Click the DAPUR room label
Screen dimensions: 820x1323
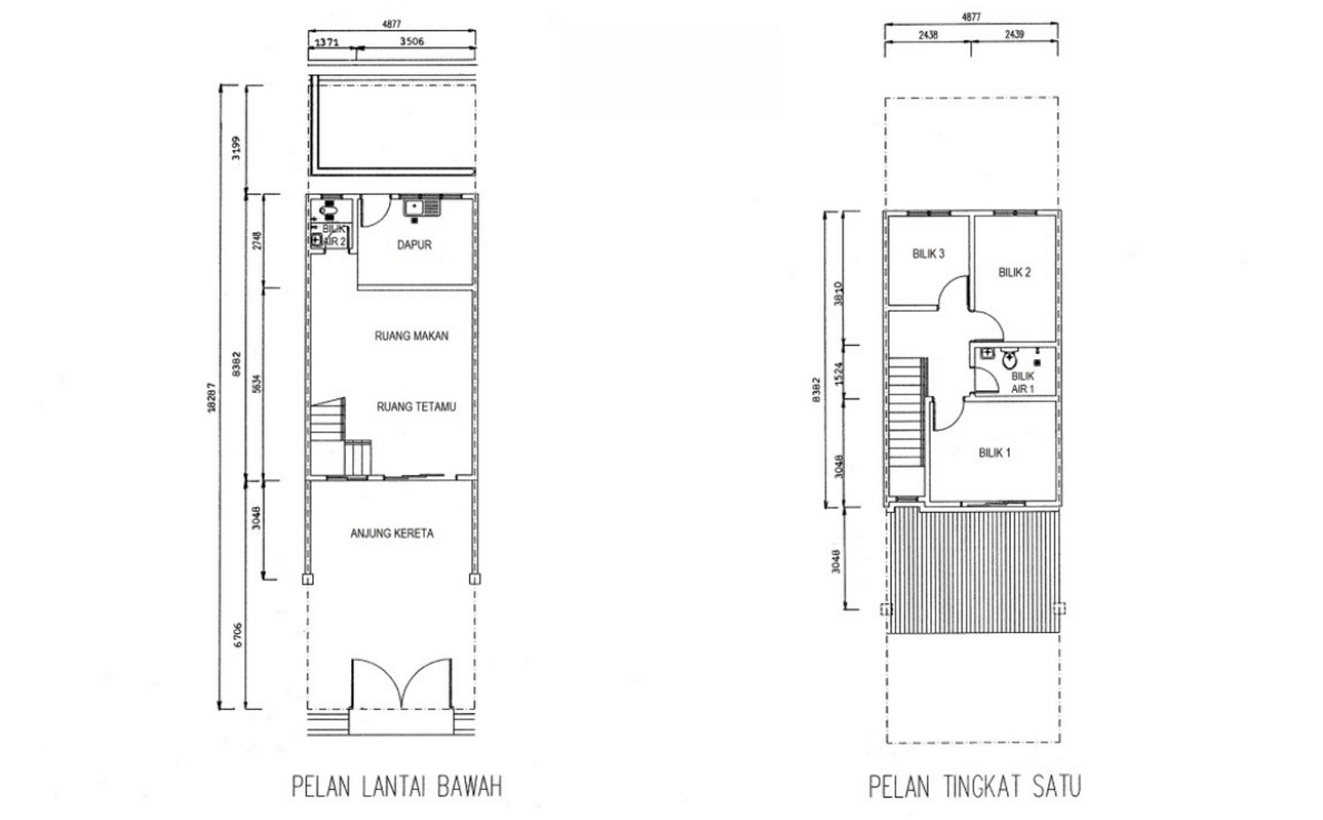click(414, 244)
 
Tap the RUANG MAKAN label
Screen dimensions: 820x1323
click(411, 335)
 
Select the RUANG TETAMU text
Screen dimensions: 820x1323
click(415, 407)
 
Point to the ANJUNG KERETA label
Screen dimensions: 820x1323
click(392, 533)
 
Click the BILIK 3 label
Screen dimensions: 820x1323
click(928, 253)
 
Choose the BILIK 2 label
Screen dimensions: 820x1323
click(1014, 272)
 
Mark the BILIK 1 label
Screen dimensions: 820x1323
click(994, 453)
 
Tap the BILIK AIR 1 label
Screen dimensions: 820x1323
click(1022, 382)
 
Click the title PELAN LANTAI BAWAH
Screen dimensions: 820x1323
click(397, 786)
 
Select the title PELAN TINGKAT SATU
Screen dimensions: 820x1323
click(975, 786)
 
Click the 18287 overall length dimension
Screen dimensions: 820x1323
click(211, 395)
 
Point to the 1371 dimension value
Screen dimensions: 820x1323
click(326, 41)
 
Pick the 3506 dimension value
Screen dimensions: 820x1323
click(412, 41)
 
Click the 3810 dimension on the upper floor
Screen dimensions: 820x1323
click(839, 292)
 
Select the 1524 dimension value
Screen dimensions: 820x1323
click(839, 371)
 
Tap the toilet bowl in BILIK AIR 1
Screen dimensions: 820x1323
click(1009, 357)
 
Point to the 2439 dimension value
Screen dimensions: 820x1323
click(1014, 34)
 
